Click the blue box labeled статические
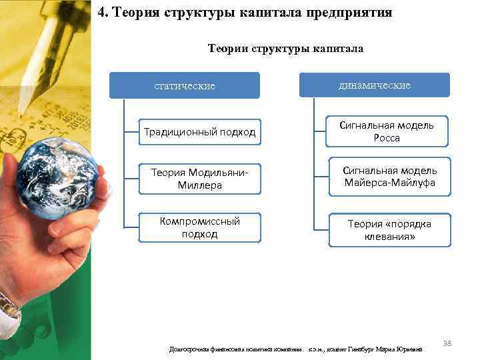pyautogui.click(x=184, y=86)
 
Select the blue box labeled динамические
pyautogui.click(x=374, y=85)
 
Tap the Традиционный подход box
pyautogui.click(x=199, y=132)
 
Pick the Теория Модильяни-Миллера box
pyautogui.click(x=199, y=179)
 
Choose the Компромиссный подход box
pyautogui.click(x=199, y=227)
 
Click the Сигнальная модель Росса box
pyautogui.click(x=387, y=131)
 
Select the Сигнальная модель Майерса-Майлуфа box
pyautogui.click(x=389, y=177)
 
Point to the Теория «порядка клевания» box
pyautogui.click(x=389, y=229)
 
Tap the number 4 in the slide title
pyautogui.click(x=101, y=13)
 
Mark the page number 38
pyautogui.click(x=447, y=343)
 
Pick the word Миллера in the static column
pyautogui.click(x=199, y=185)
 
